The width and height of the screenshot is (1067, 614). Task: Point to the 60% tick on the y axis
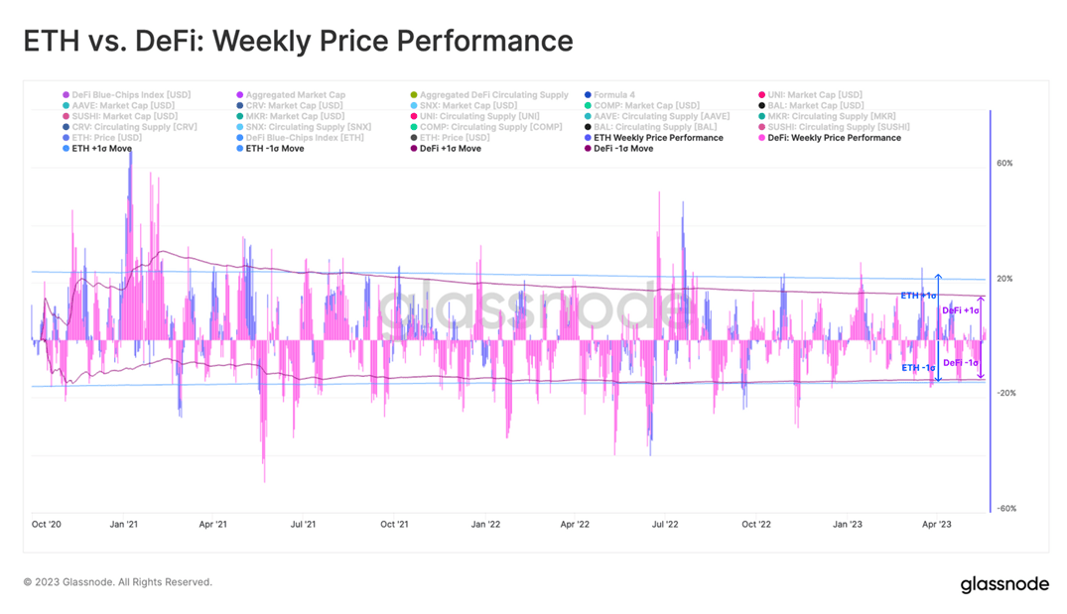point(1004,164)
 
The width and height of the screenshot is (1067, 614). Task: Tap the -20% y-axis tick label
point(1003,394)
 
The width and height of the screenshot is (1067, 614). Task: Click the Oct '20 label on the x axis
point(47,524)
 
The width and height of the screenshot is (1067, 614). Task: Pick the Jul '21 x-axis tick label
point(304,524)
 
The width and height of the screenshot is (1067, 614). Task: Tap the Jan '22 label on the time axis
point(485,524)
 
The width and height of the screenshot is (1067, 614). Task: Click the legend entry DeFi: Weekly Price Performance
point(834,138)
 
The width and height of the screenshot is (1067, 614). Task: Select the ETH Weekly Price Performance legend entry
point(658,138)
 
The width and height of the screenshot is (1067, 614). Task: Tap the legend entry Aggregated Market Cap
point(295,95)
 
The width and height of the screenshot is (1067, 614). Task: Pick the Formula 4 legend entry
point(613,95)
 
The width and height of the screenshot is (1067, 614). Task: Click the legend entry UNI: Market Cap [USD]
point(814,95)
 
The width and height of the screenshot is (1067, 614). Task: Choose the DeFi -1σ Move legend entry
point(622,149)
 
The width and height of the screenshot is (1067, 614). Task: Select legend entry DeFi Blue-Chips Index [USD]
point(131,95)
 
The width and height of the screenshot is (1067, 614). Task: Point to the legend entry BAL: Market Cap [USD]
point(815,106)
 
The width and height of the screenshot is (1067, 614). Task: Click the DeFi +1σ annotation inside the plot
point(961,310)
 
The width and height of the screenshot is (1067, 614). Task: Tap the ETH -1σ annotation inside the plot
point(918,368)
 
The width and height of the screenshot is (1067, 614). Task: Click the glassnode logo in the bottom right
point(1003,584)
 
